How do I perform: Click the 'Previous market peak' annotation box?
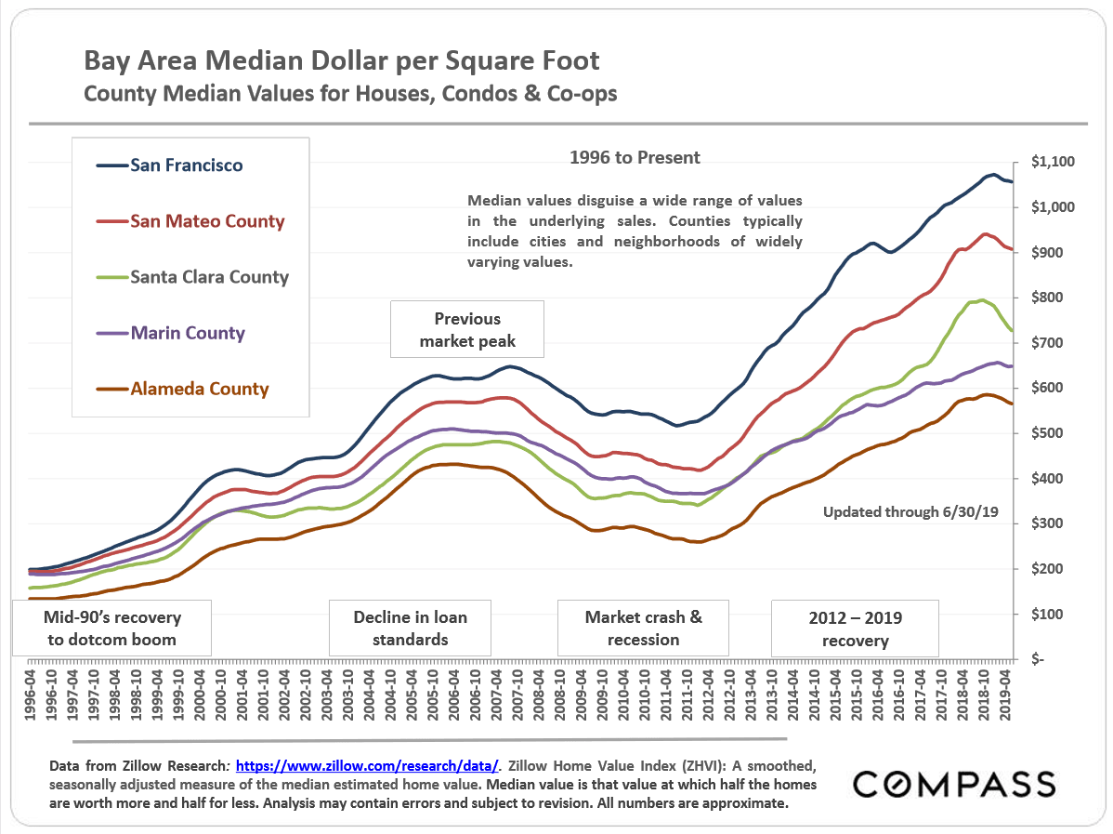tap(467, 330)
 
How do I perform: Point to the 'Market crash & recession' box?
tap(643, 629)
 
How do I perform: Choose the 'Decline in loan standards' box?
tap(410, 629)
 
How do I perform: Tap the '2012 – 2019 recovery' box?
tap(855, 629)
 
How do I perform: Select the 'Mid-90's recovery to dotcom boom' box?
tap(112, 629)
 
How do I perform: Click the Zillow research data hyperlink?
tap(368, 767)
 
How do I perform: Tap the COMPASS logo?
tap(954, 784)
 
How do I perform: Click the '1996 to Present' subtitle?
tap(635, 158)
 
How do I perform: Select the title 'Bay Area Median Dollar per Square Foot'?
tap(342, 61)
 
